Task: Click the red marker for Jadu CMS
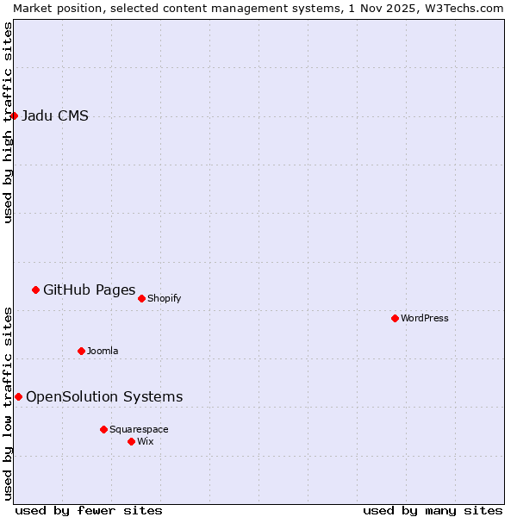pyautogui.click(x=14, y=115)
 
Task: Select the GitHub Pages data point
pyautogui.click(x=35, y=290)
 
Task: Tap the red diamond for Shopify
pyautogui.click(x=141, y=298)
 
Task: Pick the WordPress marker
pyautogui.click(x=395, y=318)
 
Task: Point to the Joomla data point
pyautogui.click(x=81, y=351)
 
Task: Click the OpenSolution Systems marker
pyautogui.click(x=18, y=396)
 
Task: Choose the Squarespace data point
pyautogui.click(x=103, y=429)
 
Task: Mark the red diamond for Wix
pyautogui.click(x=131, y=441)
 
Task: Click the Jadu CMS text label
pyautogui.click(x=55, y=116)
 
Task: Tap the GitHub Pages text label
pyautogui.click(x=89, y=290)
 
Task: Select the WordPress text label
pyautogui.click(x=425, y=318)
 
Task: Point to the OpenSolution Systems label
pyautogui.click(x=104, y=396)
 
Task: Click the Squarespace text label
pyautogui.click(x=139, y=429)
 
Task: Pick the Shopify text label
pyautogui.click(x=164, y=298)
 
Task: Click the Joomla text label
pyautogui.click(x=103, y=351)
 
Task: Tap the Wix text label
pyautogui.click(x=145, y=441)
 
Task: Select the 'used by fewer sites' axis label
pyautogui.click(x=89, y=510)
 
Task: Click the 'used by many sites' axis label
pyautogui.click(x=433, y=510)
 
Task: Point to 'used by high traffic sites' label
pyautogui.click(x=8, y=122)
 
